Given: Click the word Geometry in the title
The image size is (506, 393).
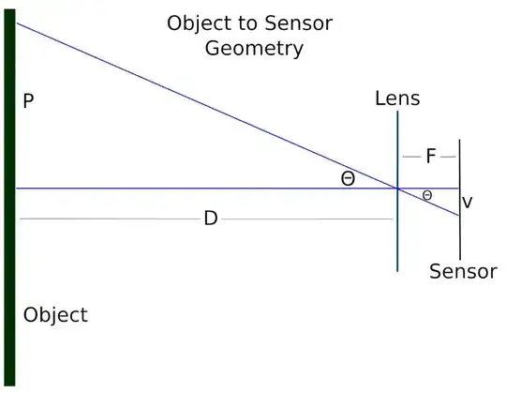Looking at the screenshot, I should pos(254,48).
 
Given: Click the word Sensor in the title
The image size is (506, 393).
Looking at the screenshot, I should pos(298,23).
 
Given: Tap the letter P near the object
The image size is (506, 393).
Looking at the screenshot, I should pos(28,101).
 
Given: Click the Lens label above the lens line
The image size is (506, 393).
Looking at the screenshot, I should pos(397,98).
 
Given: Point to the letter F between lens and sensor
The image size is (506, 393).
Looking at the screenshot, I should pos(430,157).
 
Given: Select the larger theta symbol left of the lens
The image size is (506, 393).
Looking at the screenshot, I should pos(348,178).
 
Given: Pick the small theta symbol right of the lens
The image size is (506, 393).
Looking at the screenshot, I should pos(427,195).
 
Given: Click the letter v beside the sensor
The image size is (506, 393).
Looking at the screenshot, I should pos(468,202).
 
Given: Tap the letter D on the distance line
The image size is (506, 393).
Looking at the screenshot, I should pos(211,219).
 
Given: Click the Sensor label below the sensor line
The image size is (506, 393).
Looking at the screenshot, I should pos(463,272).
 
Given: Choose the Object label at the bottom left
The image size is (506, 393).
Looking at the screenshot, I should pos(55,315).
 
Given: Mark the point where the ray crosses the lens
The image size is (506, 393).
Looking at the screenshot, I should pos(398,189).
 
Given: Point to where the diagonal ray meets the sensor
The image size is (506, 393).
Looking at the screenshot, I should pos(459,215).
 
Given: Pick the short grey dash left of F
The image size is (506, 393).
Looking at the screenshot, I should pos(409,157).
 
